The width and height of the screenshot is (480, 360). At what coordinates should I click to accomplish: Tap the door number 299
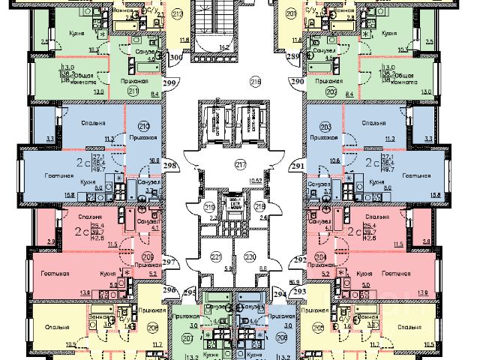(x=172, y=83)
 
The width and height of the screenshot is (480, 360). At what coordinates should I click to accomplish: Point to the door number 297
(x=169, y=261)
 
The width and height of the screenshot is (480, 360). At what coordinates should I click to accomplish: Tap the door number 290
(x=297, y=81)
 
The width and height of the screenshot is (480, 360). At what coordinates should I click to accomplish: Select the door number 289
(x=293, y=55)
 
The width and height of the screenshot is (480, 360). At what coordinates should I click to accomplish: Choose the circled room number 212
(x=177, y=14)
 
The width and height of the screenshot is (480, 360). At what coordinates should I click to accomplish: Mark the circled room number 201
(x=291, y=14)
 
